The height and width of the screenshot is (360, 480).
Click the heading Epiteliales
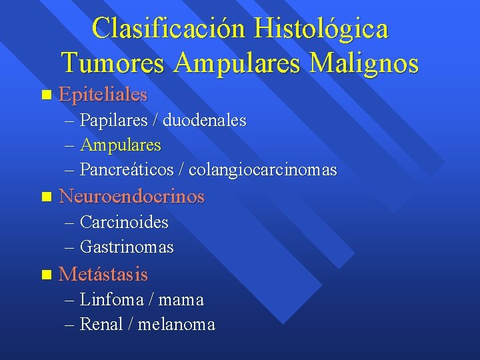click(103, 95)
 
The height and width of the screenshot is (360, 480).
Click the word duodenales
click(204, 121)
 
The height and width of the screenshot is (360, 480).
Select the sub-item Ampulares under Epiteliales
click(120, 145)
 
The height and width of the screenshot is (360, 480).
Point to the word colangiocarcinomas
click(263, 169)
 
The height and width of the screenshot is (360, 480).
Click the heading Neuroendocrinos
click(131, 197)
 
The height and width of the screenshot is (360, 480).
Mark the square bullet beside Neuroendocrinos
click(45, 197)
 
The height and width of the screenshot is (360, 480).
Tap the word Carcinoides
click(124, 222)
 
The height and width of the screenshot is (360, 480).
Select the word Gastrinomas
click(127, 247)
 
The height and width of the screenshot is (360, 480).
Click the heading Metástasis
click(103, 274)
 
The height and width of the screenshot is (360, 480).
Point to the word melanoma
click(177, 325)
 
